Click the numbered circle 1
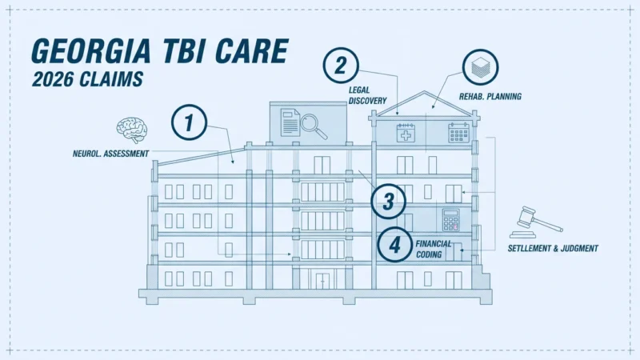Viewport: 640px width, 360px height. [189, 122]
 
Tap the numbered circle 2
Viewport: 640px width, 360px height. [341, 66]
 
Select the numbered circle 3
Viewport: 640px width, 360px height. [389, 202]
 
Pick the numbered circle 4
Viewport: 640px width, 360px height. [394, 245]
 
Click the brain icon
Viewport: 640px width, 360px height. [131, 130]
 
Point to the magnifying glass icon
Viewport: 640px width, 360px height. [314, 126]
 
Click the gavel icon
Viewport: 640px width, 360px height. [535, 222]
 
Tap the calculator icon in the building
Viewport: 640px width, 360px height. [451, 220]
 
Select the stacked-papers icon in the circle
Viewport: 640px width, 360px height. [481, 67]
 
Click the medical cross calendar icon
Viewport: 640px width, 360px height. [406, 133]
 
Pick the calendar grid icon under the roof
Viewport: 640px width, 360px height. [458, 133]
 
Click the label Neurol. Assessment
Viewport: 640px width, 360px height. [110, 154]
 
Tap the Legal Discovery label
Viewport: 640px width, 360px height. [367, 95]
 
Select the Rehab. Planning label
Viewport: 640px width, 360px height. [490, 97]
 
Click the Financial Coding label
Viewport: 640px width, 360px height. [434, 249]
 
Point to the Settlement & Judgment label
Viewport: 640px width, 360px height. [553, 248]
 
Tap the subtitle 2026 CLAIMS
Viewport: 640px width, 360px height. [88, 79]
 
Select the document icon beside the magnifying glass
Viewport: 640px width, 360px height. [290, 122]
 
